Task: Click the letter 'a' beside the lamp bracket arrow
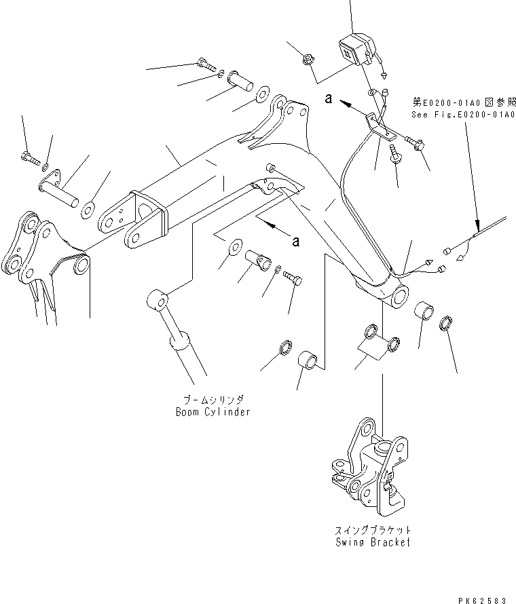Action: click(x=328, y=99)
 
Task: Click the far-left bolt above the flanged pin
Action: click(x=29, y=159)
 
